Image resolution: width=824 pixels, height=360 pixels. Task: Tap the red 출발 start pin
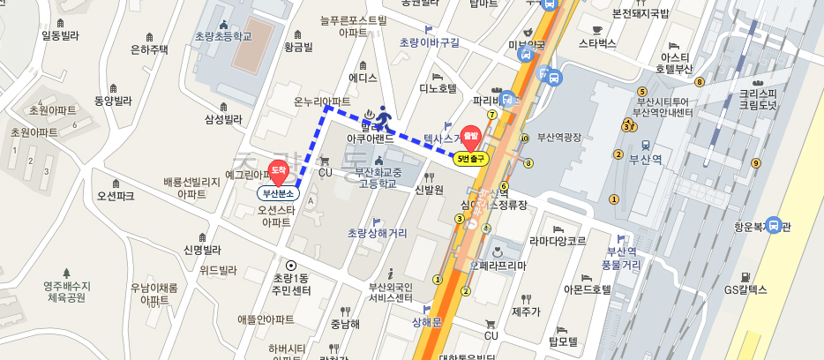point(470,137)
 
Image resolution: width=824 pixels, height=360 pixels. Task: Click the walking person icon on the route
point(384,116)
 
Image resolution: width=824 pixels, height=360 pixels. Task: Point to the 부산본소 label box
point(279,192)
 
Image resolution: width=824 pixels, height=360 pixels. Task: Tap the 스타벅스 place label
point(597,41)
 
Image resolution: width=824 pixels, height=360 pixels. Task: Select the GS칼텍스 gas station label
point(745,289)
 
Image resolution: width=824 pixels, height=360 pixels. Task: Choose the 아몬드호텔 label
point(587,289)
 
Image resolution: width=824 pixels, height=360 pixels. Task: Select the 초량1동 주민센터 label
point(290,283)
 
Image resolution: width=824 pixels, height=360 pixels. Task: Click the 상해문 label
point(425,323)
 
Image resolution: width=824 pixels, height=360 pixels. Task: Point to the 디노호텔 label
point(437,88)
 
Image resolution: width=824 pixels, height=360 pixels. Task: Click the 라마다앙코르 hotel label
point(557,240)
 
